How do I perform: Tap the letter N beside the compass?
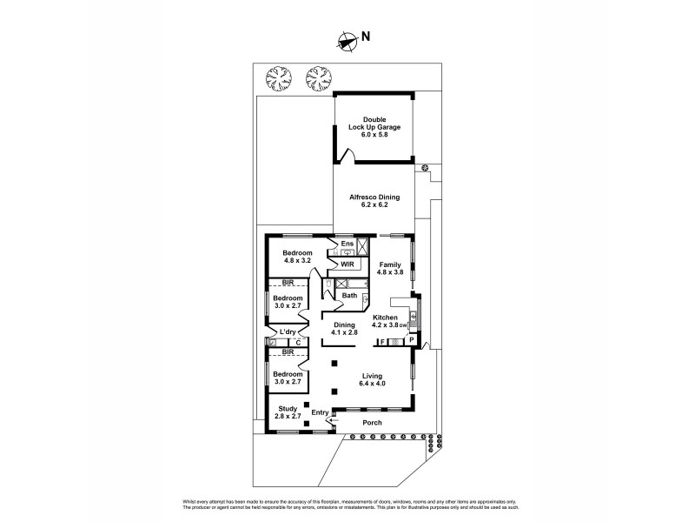click(366, 37)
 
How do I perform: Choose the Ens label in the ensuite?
click(347, 243)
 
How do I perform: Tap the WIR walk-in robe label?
click(347, 264)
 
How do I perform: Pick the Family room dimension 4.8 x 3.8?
click(390, 271)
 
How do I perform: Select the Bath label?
click(348, 296)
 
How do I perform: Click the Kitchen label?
click(385, 318)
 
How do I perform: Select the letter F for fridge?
click(382, 342)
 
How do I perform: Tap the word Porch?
click(372, 423)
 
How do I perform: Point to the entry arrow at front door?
click(329, 419)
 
